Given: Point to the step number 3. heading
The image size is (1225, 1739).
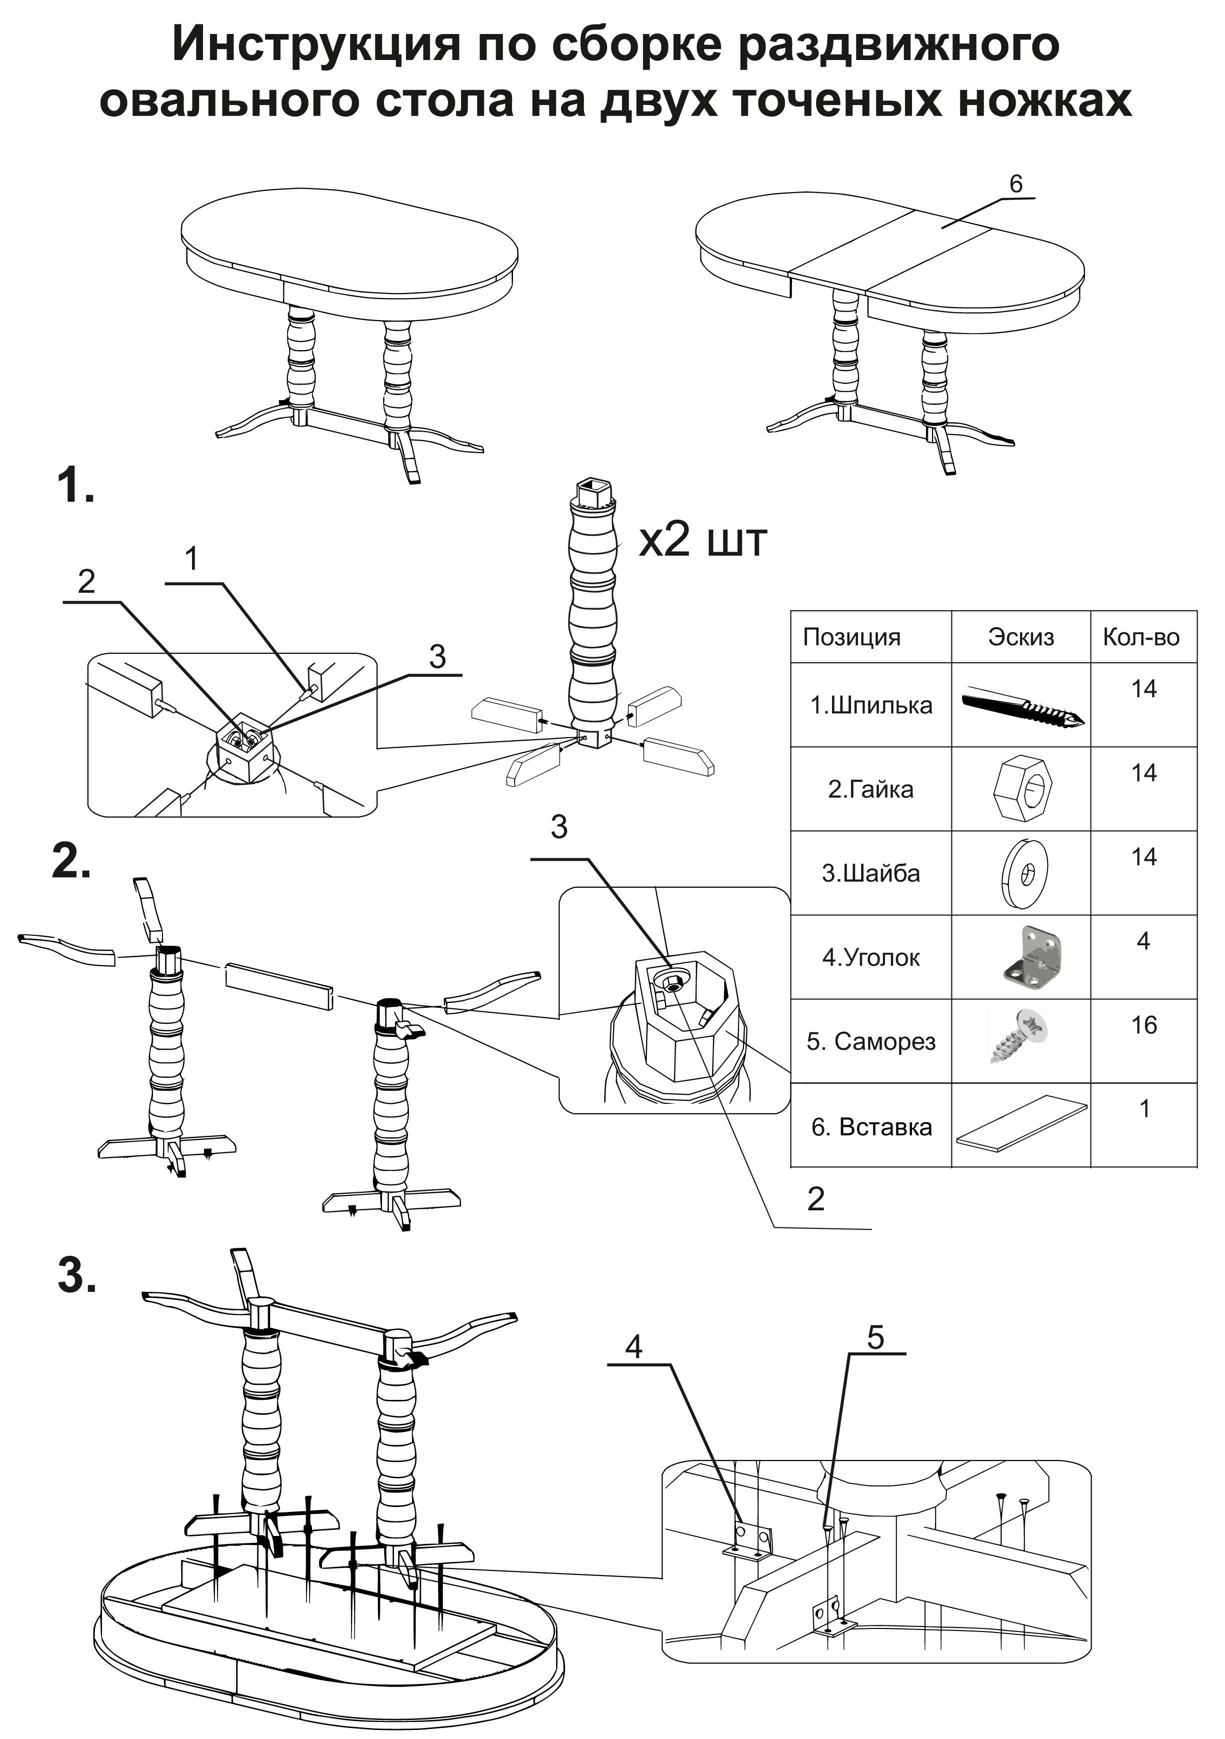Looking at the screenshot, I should coord(77,1275).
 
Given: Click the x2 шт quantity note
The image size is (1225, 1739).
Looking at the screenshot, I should coord(702,540).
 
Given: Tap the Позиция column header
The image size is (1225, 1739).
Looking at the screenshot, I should coord(851,637).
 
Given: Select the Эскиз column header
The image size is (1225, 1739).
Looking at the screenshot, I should coord(1020,637).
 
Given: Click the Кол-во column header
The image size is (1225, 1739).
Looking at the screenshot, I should coord(1141,637).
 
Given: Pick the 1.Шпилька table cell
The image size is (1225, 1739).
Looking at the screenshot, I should coord(870,705).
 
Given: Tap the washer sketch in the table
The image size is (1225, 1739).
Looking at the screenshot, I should coord(1023,873).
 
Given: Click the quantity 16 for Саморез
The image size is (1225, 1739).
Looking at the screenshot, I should coord(1143,1025).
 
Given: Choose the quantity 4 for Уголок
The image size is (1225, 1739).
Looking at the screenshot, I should coord(1143,941).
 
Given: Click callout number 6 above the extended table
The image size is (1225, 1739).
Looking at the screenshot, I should coord(1016,183).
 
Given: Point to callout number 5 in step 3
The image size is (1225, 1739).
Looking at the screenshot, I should coord(875,1337).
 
